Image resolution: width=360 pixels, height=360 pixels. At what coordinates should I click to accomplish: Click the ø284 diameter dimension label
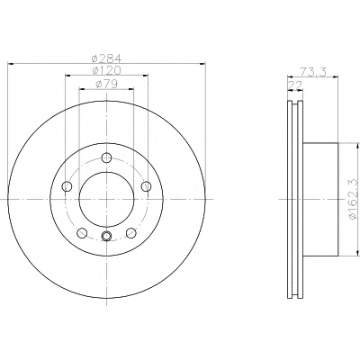(106, 58)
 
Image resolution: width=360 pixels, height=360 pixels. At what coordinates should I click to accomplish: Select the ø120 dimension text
(106, 71)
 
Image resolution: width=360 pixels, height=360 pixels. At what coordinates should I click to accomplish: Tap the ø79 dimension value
(106, 85)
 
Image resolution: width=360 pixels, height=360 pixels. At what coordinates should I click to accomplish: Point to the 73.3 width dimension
(313, 72)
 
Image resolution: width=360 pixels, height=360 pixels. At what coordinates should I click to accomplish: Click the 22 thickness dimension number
(295, 85)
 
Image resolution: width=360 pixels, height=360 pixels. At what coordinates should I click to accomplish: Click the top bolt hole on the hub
(106, 157)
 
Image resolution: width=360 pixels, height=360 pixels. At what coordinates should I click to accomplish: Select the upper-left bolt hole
(67, 186)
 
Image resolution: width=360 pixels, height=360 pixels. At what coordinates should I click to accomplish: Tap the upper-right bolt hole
(146, 186)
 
